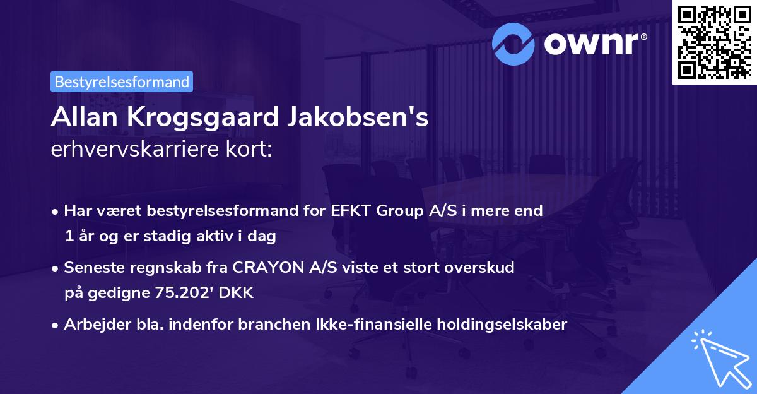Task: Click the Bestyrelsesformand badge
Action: point(121,81)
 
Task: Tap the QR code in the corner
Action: point(715,42)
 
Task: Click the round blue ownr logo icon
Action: point(513,44)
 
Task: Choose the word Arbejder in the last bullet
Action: point(92,325)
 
